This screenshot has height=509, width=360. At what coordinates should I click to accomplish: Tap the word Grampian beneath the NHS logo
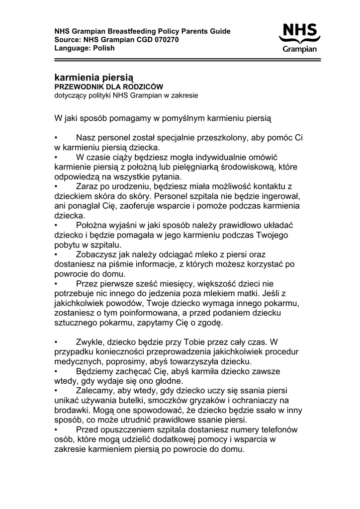click(300, 49)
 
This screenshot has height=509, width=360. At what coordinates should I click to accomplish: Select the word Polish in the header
click(104, 48)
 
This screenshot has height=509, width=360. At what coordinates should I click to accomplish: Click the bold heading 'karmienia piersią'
click(93, 78)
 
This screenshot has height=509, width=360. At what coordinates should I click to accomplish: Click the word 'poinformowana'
click(138, 313)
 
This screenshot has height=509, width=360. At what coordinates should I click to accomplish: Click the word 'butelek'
click(139, 401)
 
